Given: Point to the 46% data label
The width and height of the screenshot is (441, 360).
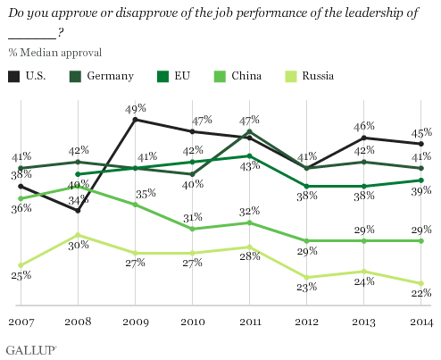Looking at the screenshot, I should point(364,127).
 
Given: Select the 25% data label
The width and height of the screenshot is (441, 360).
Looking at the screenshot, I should point(21,275).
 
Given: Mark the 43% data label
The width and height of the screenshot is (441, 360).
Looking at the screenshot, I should point(250,165).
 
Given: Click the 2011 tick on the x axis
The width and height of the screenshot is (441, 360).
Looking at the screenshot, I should point(249,321).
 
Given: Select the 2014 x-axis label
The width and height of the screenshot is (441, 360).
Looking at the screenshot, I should point(420,321).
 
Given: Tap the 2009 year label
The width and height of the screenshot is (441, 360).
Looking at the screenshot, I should point(135,321).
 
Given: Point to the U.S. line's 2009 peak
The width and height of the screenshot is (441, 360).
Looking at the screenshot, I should point(135,119).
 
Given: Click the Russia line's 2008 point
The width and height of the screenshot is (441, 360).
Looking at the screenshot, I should point(79,235).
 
